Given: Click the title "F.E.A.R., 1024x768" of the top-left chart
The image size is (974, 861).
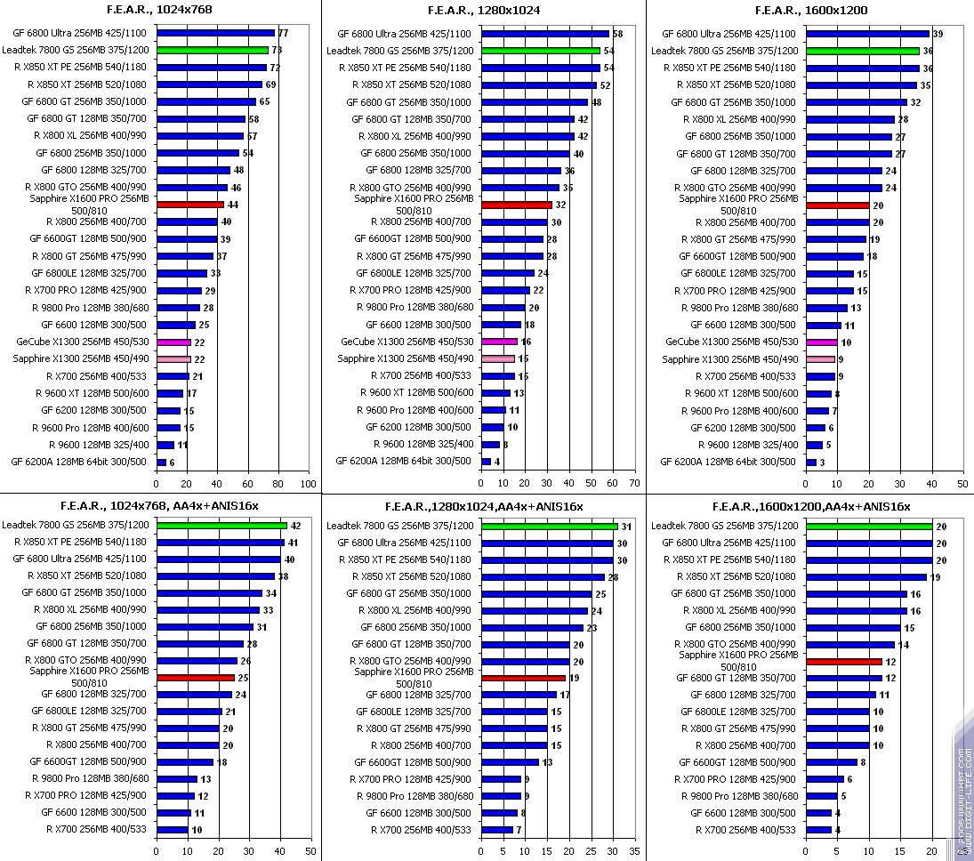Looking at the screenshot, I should click(161, 10).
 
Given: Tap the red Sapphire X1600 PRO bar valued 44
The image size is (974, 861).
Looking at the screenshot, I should click(189, 205).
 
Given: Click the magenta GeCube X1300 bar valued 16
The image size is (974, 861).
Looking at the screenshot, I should click(499, 342).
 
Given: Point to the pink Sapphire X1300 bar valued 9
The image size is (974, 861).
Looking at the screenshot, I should click(820, 359).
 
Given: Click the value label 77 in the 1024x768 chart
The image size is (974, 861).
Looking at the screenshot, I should click(283, 33).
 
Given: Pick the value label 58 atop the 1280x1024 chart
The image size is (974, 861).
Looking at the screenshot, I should click(617, 33).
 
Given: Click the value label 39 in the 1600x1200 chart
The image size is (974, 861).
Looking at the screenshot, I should click(938, 33).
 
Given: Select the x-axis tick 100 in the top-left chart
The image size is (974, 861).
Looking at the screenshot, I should click(308, 485).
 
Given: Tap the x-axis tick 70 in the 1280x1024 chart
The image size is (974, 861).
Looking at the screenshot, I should click(632, 485).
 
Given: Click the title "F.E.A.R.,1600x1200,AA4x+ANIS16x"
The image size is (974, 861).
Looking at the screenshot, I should click(809, 506).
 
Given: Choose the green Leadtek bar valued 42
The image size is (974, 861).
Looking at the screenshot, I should click(221, 526).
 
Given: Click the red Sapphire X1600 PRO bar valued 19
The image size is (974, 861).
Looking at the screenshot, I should click(523, 678).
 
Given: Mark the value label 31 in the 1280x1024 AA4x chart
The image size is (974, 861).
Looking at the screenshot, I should click(626, 526).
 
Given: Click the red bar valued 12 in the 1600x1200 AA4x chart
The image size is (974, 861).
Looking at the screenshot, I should click(843, 661).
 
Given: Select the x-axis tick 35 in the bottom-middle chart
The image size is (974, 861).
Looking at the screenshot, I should click(632, 850).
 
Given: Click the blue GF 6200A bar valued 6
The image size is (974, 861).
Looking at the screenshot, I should click(161, 463).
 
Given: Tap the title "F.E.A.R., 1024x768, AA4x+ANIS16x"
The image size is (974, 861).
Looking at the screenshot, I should click(160, 506).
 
